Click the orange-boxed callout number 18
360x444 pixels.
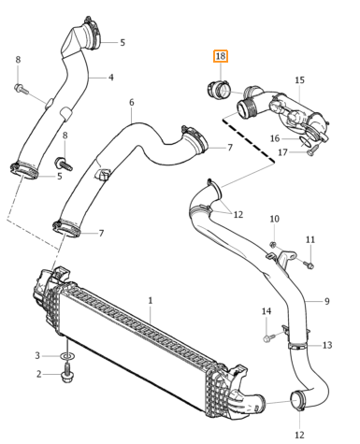[x=221, y=56]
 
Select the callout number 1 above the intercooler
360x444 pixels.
[x=151, y=301]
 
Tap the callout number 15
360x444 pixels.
[x=299, y=80]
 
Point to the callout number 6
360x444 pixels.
[x=132, y=102]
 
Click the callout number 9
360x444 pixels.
[x=326, y=301]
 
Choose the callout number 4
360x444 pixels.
[x=111, y=78]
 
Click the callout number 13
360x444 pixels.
[x=327, y=345]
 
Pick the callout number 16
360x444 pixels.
[x=275, y=138]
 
